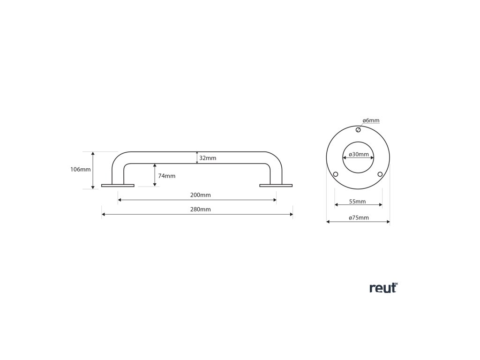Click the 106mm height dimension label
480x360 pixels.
[x=81, y=170]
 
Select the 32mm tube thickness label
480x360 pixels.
[x=208, y=158]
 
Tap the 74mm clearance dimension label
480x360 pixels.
[x=167, y=176]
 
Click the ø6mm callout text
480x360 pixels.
[x=371, y=120]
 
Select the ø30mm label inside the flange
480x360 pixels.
[x=358, y=154]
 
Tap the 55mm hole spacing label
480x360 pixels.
[x=358, y=202]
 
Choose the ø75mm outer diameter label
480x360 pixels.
[x=359, y=217]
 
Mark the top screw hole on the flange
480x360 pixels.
[x=358, y=130]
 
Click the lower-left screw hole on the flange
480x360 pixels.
[x=336, y=174]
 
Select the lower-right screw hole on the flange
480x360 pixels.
[x=380, y=174]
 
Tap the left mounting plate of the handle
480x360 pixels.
[x=118, y=186]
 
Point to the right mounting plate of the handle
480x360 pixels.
[x=276, y=186]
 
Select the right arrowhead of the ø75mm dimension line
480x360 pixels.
[x=388, y=222]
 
